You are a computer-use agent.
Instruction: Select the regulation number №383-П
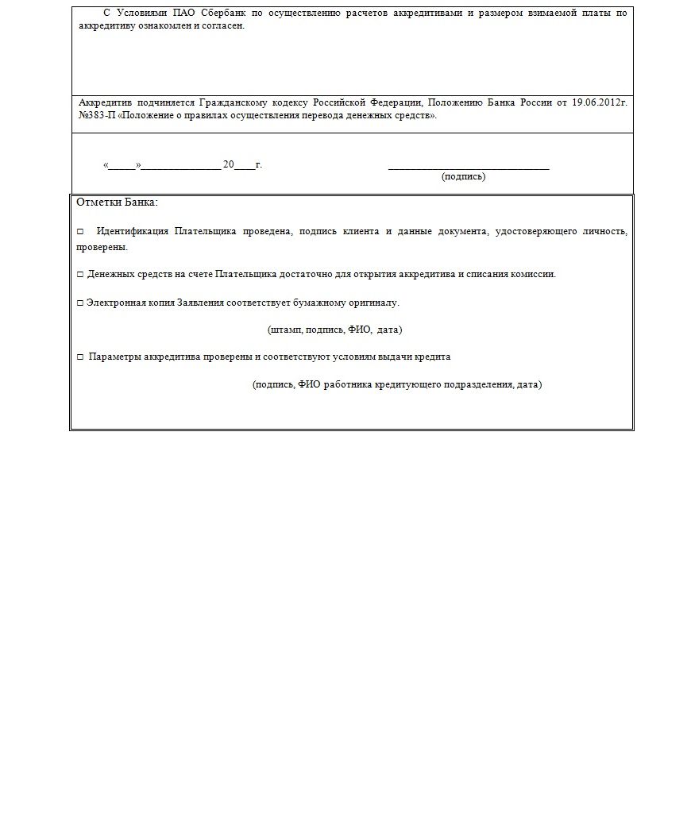(96, 115)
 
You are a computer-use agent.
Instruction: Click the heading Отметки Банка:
(117, 202)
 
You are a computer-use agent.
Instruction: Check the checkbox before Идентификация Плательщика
(80, 232)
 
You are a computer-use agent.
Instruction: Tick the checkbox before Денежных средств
(80, 275)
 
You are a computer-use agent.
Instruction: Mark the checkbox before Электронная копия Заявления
(80, 303)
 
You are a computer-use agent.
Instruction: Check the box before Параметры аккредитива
(80, 357)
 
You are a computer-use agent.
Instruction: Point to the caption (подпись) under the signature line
(463, 176)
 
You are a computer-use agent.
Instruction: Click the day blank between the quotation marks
(122, 166)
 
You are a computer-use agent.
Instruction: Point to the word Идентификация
(132, 231)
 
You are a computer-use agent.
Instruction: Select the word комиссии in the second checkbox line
(535, 274)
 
